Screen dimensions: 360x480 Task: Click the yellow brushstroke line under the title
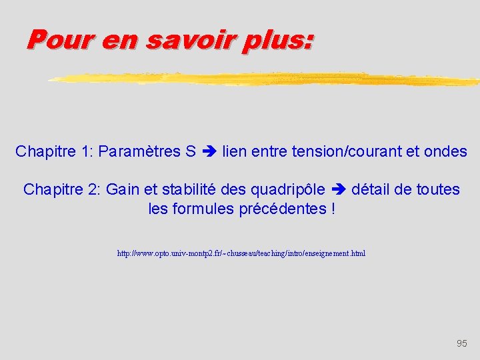point(267,79)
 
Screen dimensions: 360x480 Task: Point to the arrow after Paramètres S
point(209,152)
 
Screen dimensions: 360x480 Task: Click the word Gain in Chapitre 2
point(123,190)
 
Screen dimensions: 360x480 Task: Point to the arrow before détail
point(339,190)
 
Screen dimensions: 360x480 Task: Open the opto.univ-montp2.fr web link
point(241,254)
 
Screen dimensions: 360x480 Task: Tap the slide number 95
point(462,343)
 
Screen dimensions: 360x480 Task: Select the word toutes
point(438,190)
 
